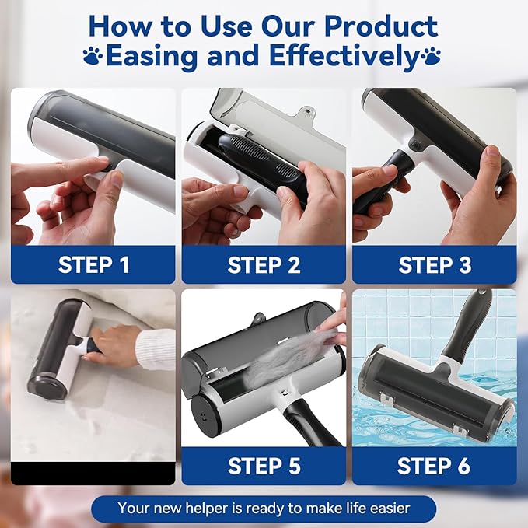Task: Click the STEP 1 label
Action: pyautogui.click(x=93, y=264)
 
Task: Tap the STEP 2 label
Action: pyautogui.click(x=264, y=264)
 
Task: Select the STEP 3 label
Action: pyautogui.click(x=435, y=264)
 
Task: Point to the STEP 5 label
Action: pyautogui.click(x=264, y=466)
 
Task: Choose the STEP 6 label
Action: pyautogui.click(x=435, y=466)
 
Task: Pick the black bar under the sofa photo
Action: pyautogui.click(x=93, y=472)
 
